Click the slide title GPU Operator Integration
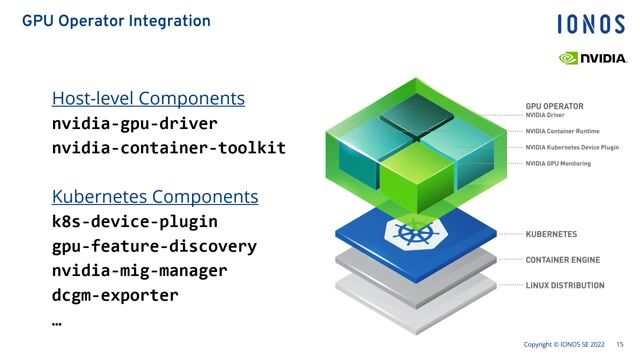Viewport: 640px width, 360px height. pos(116,20)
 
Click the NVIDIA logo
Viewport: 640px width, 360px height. pos(593,57)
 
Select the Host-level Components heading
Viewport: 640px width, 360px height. pos(148,99)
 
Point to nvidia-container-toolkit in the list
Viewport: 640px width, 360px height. pos(168,148)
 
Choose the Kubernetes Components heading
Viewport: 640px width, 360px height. pos(155,197)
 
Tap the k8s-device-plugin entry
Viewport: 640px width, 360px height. pos(134,222)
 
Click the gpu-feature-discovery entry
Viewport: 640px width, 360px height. pos(154,246)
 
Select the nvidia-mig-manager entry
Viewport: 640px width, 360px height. pos(139,270)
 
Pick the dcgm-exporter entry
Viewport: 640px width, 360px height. pos(115,295)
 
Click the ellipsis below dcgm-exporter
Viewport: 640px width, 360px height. pos(57,322)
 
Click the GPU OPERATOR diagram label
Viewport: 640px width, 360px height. pos(554,105)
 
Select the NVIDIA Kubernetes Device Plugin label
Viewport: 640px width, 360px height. pos(572,147)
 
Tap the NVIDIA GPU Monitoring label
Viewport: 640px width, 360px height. pos(558,163)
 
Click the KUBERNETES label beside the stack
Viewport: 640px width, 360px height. pos(551,234)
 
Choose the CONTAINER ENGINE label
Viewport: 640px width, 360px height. pos(561,259)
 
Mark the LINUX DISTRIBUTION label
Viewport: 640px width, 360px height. pos(564,285)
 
